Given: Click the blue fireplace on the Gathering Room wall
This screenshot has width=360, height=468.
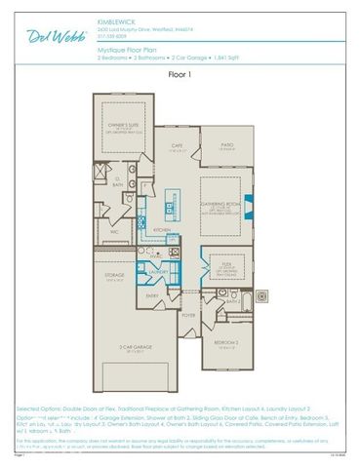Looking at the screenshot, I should coord(247,207).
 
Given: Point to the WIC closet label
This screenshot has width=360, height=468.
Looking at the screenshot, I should coord(114,233).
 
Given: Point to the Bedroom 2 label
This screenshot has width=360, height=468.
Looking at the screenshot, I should coord(226,343).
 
